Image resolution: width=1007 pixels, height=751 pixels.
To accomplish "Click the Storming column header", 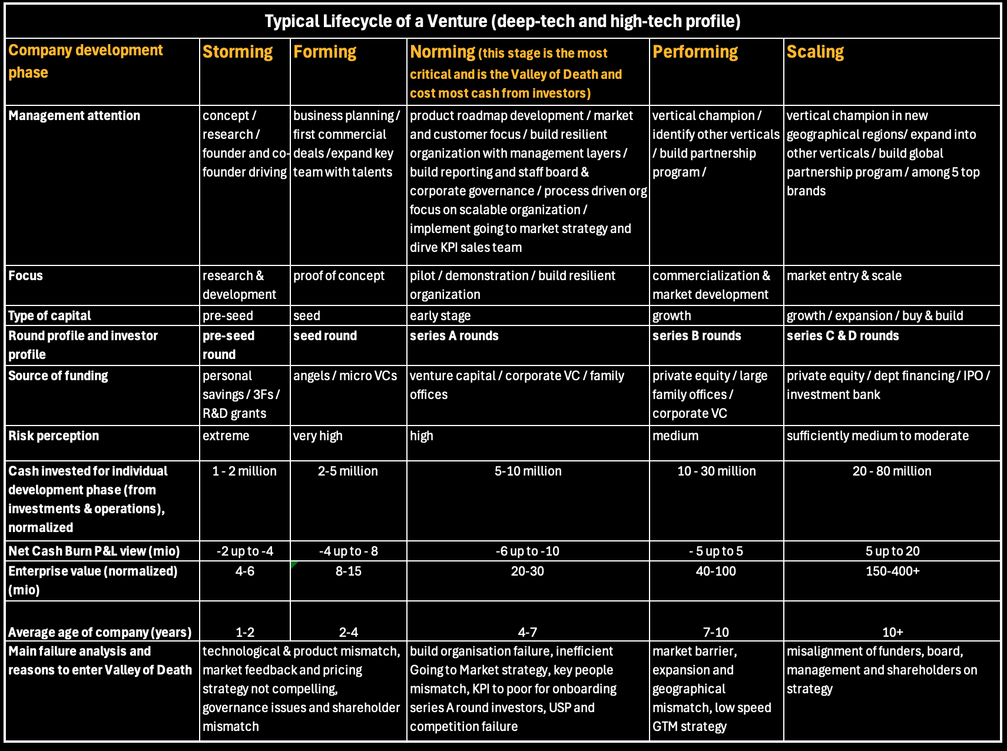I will (238, 52).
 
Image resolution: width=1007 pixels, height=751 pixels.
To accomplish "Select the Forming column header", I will (325, 52).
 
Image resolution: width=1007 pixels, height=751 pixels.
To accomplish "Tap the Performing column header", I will (695, 52).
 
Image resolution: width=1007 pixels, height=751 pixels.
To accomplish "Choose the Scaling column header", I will (815, 52).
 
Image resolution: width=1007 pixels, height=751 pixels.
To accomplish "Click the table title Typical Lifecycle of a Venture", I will (502, 22).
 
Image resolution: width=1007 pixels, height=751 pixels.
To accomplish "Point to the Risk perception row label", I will (54, 436).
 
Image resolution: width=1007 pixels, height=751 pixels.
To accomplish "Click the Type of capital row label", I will (49, 316).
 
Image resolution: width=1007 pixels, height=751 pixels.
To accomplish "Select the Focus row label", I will (25, 276).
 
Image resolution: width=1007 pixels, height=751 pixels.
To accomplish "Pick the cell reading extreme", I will (226, 436).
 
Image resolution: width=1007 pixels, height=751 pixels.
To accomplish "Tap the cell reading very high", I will (318, 436).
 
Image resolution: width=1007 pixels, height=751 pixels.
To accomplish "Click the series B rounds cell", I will (697, 336).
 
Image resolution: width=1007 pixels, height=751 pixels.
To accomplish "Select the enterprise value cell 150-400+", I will (892, 571).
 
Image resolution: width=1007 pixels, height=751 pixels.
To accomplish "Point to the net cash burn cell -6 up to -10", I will (528, 551).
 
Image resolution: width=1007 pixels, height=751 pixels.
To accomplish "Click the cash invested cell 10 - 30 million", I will (716, 471).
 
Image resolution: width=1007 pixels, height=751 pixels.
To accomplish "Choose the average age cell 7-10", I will (716, 633).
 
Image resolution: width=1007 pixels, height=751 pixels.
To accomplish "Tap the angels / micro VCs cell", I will (345, 376).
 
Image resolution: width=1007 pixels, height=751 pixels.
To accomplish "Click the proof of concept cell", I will (339, 276).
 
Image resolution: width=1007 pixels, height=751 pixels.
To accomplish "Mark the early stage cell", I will (440, 316).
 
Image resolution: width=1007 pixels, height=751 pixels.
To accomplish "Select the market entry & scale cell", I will (844, 276).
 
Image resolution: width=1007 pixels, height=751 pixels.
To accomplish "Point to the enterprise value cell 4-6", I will (244, 571).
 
